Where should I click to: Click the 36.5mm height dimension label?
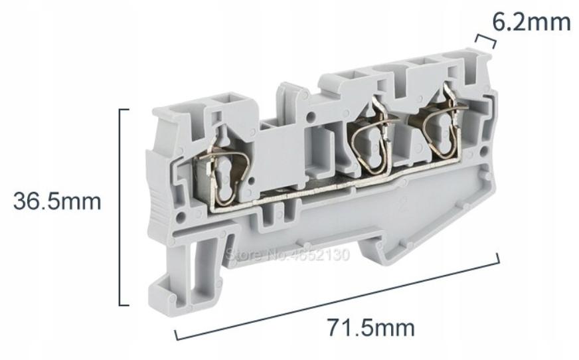(57, 202)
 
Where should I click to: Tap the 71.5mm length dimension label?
(371, 327)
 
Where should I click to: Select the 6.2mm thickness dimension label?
(531, 22)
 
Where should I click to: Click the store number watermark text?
(288, 254)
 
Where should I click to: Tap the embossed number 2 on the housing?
(403, 203)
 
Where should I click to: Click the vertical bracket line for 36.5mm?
(120, 207)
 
